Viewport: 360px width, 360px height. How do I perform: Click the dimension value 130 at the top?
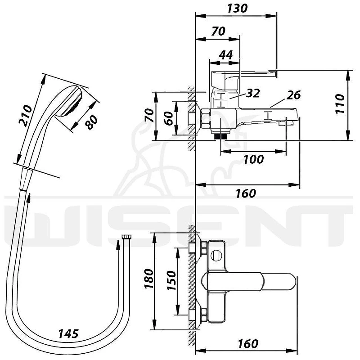238,8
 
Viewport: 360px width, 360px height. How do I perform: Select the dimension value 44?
226,55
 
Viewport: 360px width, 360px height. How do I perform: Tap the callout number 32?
253,93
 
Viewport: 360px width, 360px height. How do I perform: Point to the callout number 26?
294,95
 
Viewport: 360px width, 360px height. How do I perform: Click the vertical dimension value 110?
340,104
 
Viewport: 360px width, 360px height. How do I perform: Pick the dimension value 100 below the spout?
253,159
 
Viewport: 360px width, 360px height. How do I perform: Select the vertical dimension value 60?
170,118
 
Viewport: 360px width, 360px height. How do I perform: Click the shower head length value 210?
26,116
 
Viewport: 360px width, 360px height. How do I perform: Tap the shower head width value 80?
91,122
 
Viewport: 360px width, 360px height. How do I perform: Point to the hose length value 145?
68,333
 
